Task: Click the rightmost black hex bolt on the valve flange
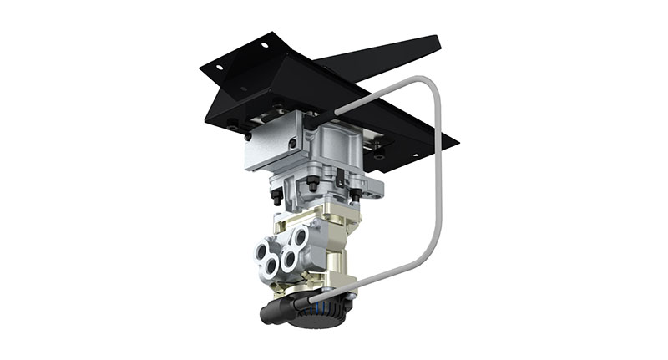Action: [356, 194]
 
